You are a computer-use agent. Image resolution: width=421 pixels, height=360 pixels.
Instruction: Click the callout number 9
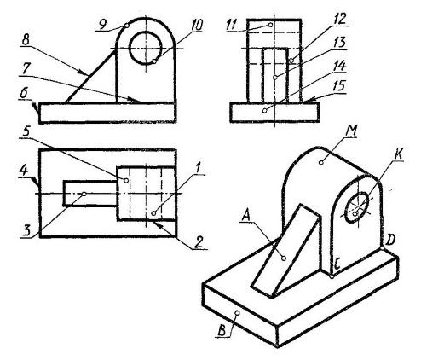click(x=102, y=25)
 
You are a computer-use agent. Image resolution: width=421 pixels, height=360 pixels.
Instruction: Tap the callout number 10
click(x=196, y=26)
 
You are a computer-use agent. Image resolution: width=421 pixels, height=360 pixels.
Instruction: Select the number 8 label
click(x=26, y=40)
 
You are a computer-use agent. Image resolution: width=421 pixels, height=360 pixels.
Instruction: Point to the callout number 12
click(x=340, y=19)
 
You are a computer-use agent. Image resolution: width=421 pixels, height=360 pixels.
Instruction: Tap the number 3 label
click(x=26, y=230)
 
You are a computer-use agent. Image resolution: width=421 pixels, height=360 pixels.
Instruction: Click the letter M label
click(x=350, y=131)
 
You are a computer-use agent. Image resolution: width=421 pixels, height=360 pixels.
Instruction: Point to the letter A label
click(x=246, y=216)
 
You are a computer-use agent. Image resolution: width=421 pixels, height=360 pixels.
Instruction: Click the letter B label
click(x=222, y=331)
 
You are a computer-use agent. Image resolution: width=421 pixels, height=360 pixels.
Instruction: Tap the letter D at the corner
click(x=391, y=240)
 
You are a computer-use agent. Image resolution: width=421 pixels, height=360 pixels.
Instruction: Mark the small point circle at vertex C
click(x=332, y=276)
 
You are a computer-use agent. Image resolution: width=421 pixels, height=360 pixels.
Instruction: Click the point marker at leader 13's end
click(x=274, y=78)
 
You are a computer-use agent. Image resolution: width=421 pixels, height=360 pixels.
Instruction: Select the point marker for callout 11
click(x=270, y=25)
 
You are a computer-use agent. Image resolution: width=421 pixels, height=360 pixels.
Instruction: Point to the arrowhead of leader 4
click(x=37, y=183)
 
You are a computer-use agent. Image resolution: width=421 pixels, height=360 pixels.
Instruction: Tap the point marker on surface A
click(x=284, y=258)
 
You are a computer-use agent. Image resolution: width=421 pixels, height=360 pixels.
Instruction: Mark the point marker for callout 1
click(x=153, y=213)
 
